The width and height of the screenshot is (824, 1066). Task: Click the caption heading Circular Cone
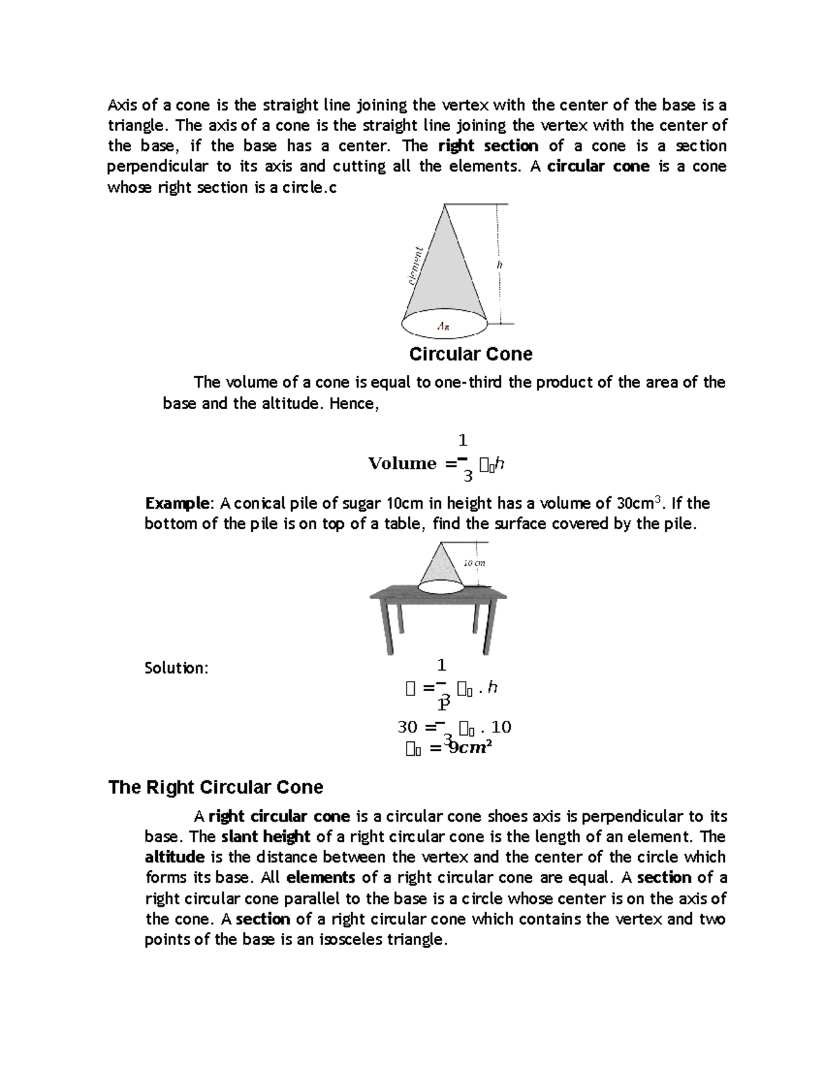(x=470, y=354)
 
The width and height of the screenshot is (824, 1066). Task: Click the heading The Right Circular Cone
(x=216, y=787)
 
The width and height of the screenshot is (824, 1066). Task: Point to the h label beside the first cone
(x=500, y=264)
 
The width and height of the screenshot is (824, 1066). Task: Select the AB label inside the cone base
(x=444, y=327)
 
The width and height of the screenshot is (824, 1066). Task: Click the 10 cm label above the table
(x=474, y=563)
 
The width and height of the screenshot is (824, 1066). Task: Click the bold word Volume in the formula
(x=402, y=463)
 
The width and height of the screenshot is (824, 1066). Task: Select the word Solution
(x=176, y=668)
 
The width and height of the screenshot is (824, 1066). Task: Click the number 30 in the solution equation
(x=407, y=727)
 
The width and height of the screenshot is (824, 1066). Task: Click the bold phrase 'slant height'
(x=266, y=837)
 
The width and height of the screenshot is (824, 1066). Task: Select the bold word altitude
(x=174, y=857)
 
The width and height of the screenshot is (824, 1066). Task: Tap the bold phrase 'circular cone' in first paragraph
(x=598, y=167)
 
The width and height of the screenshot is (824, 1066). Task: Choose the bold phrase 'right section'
(x=488, y=146)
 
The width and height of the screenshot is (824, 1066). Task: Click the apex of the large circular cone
(x=444, y=205)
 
